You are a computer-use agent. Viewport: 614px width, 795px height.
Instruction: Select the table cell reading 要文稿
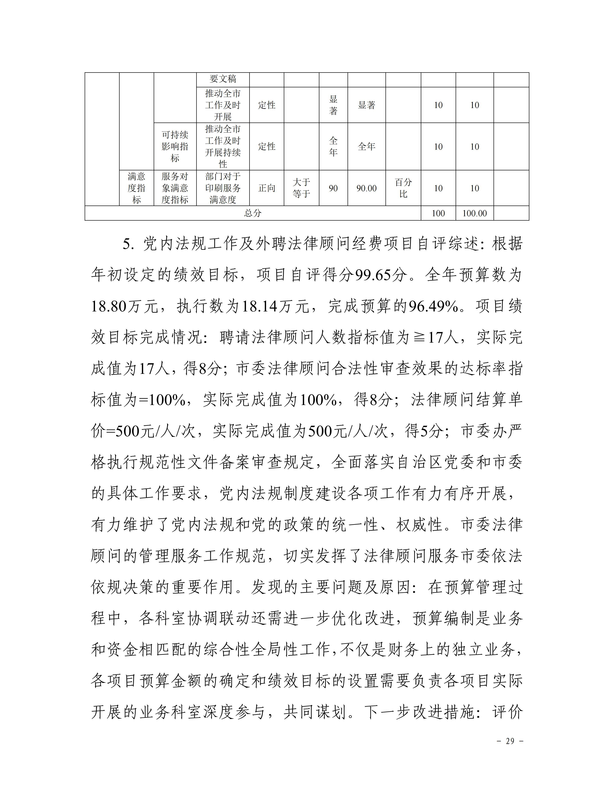click(223, 79)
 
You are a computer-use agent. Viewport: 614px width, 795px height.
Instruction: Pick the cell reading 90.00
click(366, 188)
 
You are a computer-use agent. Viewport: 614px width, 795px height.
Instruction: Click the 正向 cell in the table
click(267, 188)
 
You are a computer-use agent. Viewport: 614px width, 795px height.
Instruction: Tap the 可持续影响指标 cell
click(175, 146)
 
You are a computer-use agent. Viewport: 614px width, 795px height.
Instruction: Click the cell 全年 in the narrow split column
click(333, 146)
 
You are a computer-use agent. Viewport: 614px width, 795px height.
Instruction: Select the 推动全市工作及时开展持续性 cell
click(223, 146)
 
